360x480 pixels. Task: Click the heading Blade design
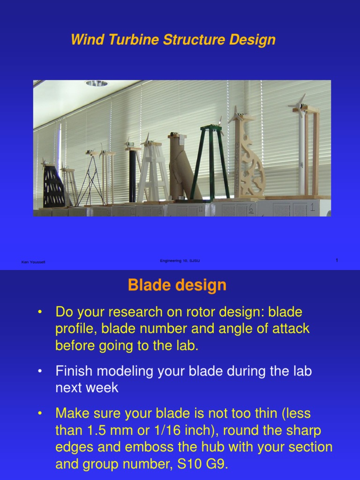[x=177, y=285]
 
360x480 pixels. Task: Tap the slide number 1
[x=337, y=260]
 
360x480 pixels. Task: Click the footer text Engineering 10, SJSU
[x=180, y=261]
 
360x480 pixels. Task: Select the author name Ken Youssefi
[x=33, y=262]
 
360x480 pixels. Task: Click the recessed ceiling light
[x=96, y=83]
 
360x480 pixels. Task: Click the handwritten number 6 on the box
[x=251, y=208]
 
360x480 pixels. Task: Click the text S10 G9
[x=199, y=465]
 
